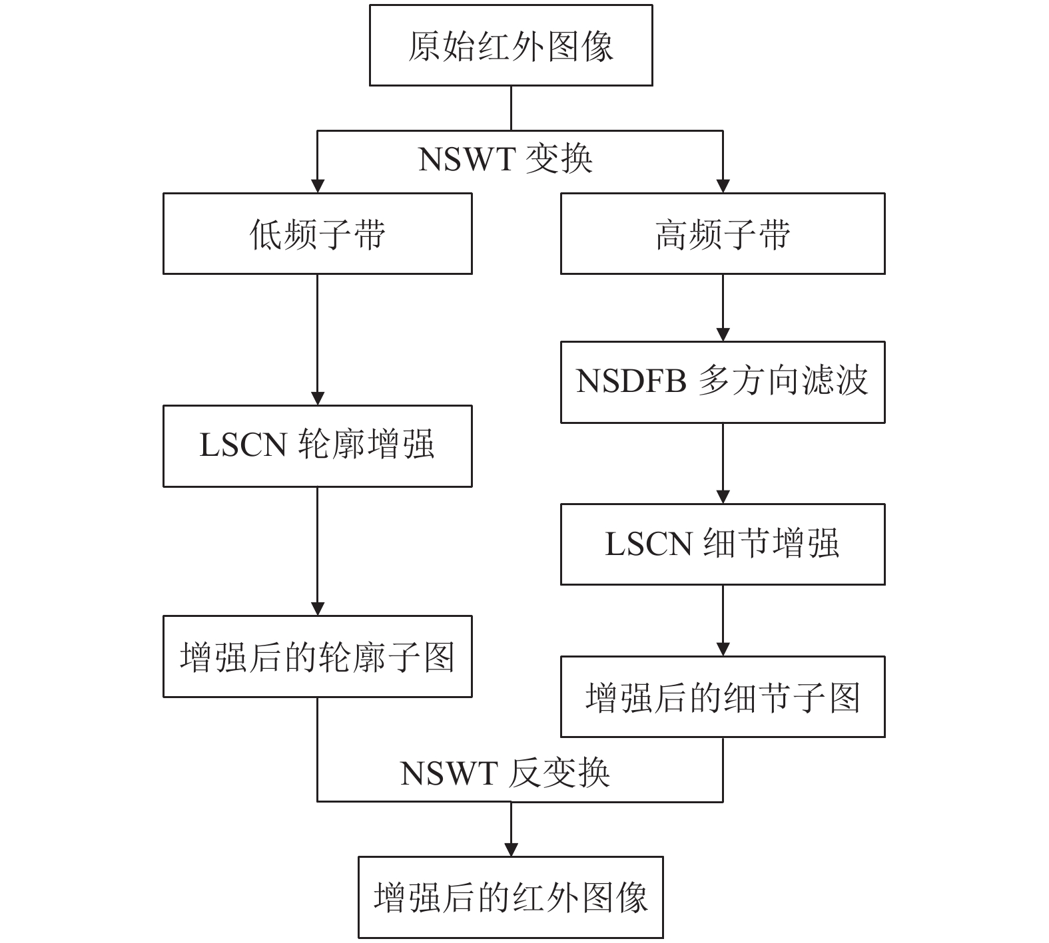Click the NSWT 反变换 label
click(506, 773)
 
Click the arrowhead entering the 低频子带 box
click(318, 186)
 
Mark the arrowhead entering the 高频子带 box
click(723, 186)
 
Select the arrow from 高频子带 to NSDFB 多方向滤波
click(723, 307)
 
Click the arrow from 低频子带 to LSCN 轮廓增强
click(318, 339)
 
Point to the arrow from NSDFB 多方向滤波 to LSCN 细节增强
click(723, 463)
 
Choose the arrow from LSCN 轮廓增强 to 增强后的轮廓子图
click(318, 551)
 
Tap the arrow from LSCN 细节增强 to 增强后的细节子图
click(723, 620)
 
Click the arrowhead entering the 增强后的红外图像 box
click(511, 850)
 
